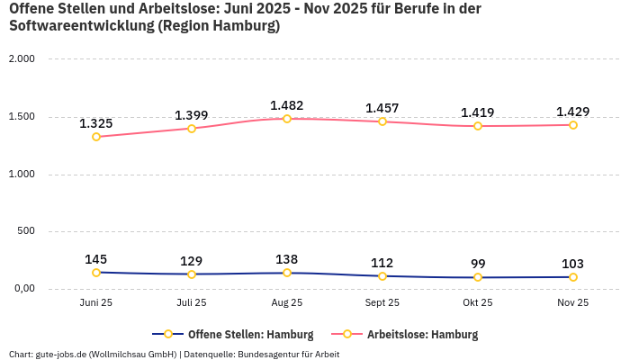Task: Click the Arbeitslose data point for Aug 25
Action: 287,119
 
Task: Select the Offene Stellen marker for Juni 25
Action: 96,273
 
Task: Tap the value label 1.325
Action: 96,123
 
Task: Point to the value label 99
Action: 478,264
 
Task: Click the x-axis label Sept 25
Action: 382,303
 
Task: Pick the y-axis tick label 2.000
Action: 21,59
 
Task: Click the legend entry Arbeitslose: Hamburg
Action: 422,335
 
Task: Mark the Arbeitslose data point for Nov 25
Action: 573,125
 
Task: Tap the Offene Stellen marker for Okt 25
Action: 478,277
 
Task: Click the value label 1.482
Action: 287,105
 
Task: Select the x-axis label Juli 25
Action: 192,303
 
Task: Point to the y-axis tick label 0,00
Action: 22,289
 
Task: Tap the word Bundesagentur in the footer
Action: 267,355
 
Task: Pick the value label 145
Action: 96,259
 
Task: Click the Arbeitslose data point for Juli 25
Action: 192,129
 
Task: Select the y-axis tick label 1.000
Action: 21,175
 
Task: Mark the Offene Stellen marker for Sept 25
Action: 382,276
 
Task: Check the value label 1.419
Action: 478,112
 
